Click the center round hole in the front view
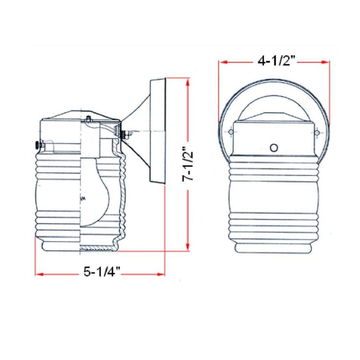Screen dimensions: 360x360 click(x=274, y=147)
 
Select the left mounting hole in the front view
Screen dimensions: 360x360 click(x=231, y=132)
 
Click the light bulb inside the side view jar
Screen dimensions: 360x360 click(x=97, y=189)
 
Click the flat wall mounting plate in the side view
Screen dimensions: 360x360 click(x=158, y=130)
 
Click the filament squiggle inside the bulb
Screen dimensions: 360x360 click(x=82, y=198)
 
